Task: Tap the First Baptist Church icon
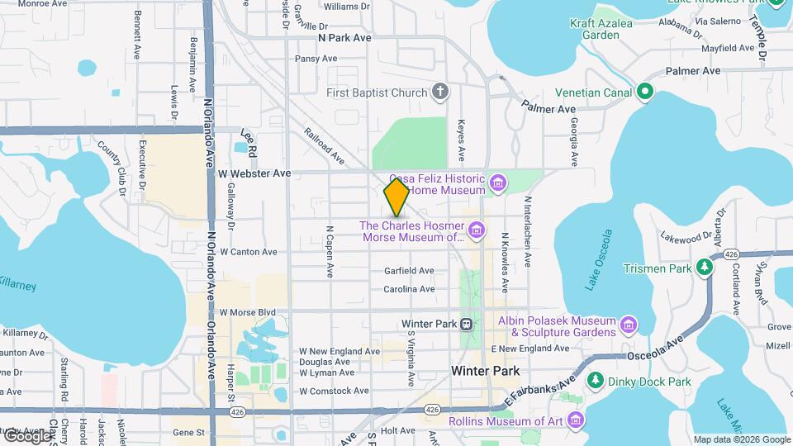pos(441,92)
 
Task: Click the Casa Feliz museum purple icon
pos(497,182)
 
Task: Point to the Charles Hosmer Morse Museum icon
pos(475,229)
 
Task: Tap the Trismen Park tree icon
pos(704,268)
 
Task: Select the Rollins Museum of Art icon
pos(575,421)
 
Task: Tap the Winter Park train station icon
pos(467,324)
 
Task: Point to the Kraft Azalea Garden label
pos(601,29)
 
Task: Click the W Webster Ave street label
pos(254,173)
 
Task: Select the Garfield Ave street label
pos(409,271)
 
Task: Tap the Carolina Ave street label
pos(409,289)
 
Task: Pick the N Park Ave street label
pos(345,38)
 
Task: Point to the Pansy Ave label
pos(316,59)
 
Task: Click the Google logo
pos(26,436)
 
